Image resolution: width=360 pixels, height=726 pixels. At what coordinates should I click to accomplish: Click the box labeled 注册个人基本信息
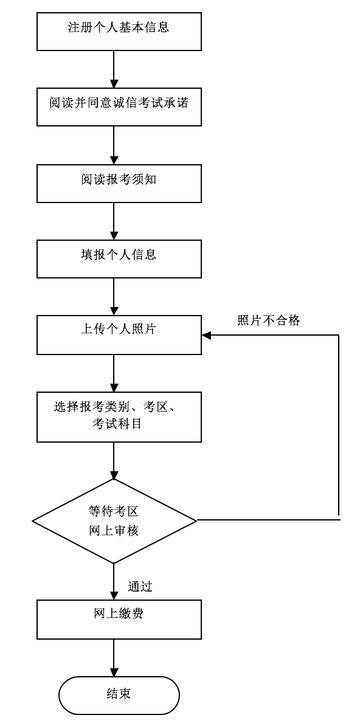tap(119, 30)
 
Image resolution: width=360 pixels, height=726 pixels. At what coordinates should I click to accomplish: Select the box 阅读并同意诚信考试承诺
tap(119, 106)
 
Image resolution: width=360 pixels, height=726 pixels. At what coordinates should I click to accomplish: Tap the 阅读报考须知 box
tap(119, 182)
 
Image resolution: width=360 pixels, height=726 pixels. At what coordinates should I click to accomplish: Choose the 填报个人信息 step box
tap(119, 258)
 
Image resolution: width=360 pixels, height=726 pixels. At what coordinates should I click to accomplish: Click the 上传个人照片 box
tap(119, 334)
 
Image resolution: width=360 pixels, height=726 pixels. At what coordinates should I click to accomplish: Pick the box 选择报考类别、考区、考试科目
tap(119, 417)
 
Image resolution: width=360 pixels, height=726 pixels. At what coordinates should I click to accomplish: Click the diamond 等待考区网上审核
tap(114, 521)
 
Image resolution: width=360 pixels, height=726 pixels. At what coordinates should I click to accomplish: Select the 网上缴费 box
tap(119, 619)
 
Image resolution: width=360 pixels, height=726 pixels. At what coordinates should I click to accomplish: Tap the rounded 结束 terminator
tap(119, 695)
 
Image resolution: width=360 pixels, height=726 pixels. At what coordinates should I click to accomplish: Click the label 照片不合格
tap(268, 320)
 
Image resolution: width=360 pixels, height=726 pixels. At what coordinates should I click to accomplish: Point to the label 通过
tap(140, 587)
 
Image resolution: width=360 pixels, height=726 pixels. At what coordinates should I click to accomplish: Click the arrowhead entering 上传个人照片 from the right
tap(207, 335)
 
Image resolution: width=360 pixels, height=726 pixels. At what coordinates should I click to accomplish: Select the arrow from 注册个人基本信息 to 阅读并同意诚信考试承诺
tap(114, 69)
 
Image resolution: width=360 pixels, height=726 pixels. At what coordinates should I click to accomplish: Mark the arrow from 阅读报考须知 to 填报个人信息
tap(114, 221)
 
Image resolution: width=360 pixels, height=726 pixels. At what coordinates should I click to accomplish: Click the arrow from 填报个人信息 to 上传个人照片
tap(114, 296)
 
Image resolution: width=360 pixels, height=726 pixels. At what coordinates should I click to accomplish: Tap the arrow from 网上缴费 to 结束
tap(114, 657)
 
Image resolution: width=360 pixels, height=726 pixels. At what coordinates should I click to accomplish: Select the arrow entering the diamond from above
tap(114, 460)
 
